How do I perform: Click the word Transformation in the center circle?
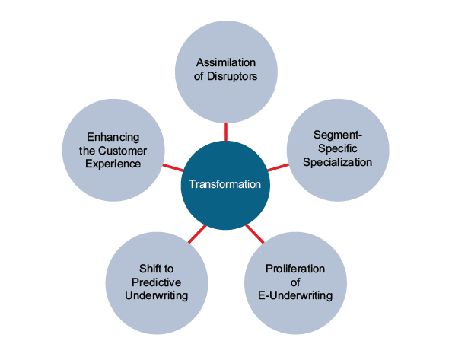pos(224,184)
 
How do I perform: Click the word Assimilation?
pos(226,62)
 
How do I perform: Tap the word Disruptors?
pos(232,76)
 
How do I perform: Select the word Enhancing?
pos(113,137)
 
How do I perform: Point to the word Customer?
pos(123,151)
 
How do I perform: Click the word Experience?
pos(113,164)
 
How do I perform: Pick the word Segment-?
pos(338,135)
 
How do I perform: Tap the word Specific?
pos(338,148)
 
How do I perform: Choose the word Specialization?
pos(338,162)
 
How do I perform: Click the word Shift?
pos(148,269)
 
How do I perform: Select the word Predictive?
pos(157,282)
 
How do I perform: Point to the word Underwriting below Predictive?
pos(157,296)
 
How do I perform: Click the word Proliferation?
pos(295,269)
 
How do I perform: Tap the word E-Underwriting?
pos(295,296)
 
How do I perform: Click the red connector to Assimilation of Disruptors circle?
pos(226,132)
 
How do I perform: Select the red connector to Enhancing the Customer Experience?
pos(173,167)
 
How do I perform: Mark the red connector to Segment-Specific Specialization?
pos(279,167)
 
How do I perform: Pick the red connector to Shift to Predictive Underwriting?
pos(197,234)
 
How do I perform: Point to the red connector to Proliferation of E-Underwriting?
pos(255,234)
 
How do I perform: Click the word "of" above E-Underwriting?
pos(295,282)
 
